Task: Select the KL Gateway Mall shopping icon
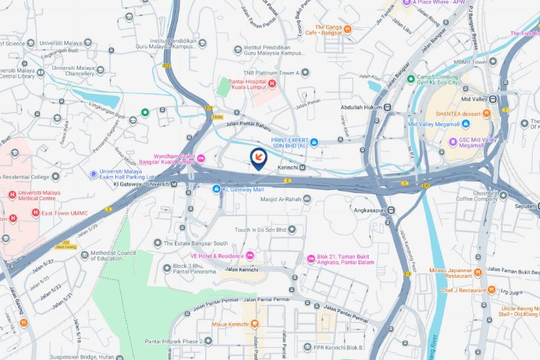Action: click(216, 189)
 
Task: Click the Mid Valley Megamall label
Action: click(434, 125)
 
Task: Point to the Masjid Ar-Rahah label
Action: click(279, 199)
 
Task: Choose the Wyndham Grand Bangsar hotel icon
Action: click(202, 158)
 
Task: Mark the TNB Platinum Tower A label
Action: click(271, 73)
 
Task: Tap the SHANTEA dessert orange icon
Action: click(487, 113)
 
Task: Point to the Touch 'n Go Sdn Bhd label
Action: click(261, 230)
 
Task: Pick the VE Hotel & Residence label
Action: click(216, 256)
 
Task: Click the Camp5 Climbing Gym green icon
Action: click(410, 78)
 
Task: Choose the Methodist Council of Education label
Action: click(119, 258)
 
